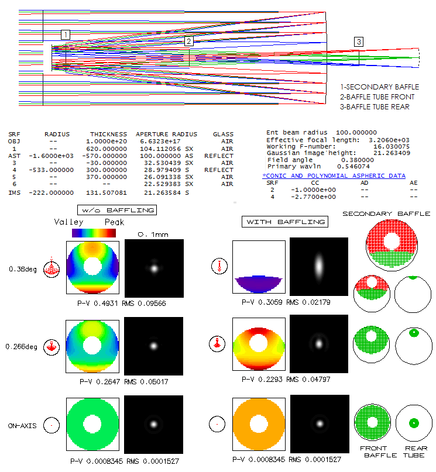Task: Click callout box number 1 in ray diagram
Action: pyautogui.click(x=66, y=35)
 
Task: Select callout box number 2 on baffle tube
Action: pyautogui.click(x=188, y=42)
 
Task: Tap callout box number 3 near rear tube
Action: pyautogui.click(x=359, y=42)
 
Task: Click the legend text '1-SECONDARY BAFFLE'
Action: pyautogui.click(x=380, y=87)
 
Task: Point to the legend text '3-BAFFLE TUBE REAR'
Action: pyautogui.click(x=375, y=107)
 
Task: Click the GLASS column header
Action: pyautogui.click(x=223, y=135)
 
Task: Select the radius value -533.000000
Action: pyautogui.click(x=51, y=170)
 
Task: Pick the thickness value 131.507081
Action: pyautogui.click(x=107, y=192)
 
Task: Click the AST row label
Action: pyautogui.click(x=14, y=156)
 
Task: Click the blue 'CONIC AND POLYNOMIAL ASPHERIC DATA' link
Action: pyautogui.click(x=334, y=176)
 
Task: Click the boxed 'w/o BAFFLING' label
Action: pyautogui.click(x=117, y=210)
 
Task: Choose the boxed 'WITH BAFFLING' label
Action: pyautogui.click(x=285, y=222)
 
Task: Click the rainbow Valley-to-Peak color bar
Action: pyautogui.click(x=94, y=233)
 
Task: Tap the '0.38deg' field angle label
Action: pyautogui.click(x=23, y=269)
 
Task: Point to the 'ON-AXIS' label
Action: pyautogui.click(x=22, y=426)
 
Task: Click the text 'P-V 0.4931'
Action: pyautogui.click(x=97, y=304)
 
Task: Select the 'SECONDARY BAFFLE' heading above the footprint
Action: pyautogui.click(x=386, y=213)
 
